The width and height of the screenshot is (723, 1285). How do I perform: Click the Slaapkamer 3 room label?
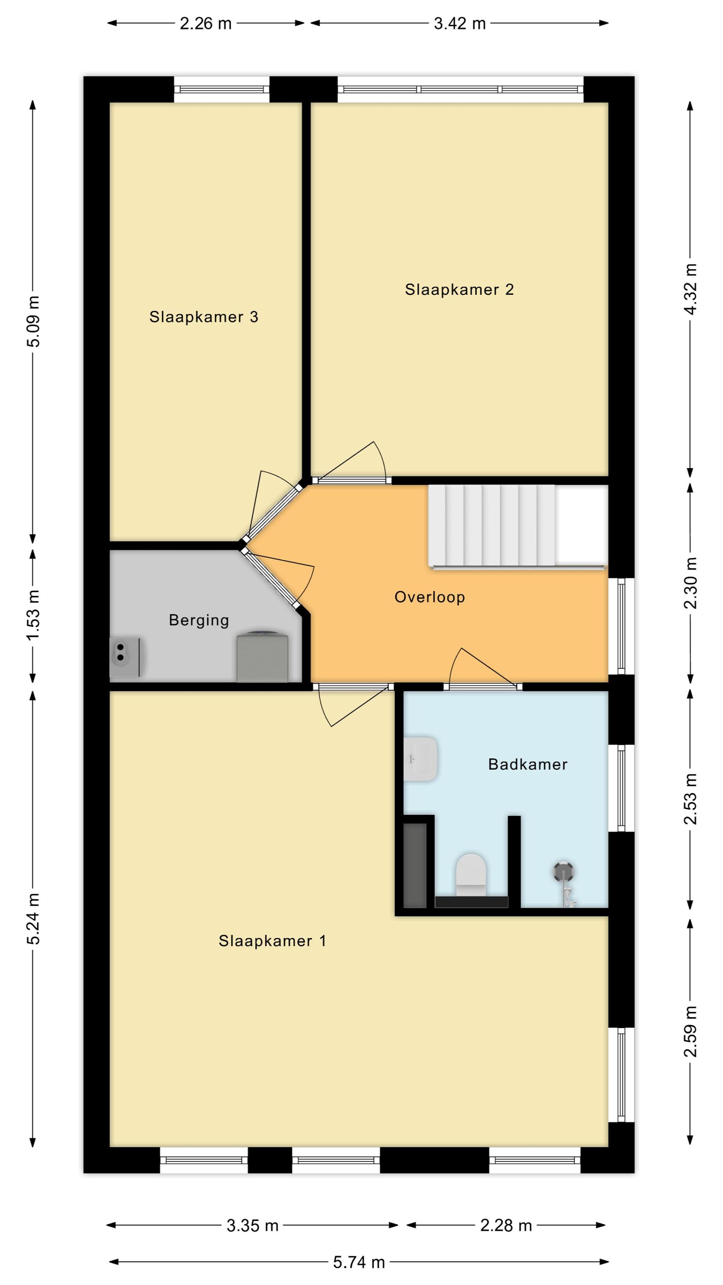203,317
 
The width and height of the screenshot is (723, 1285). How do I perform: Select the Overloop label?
430,597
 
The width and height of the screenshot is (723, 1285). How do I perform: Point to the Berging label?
199,620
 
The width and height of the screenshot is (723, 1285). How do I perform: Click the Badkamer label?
527,764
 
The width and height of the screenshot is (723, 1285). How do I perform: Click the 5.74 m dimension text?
359,1263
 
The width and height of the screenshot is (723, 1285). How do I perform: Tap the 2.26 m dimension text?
206,24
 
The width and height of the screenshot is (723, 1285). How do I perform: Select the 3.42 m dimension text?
460,24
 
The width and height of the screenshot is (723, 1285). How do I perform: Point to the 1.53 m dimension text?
33,616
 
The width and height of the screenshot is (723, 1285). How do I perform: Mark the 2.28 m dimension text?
506,1225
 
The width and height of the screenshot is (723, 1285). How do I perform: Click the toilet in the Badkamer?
471,876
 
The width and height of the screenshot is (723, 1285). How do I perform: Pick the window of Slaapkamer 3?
221,89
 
